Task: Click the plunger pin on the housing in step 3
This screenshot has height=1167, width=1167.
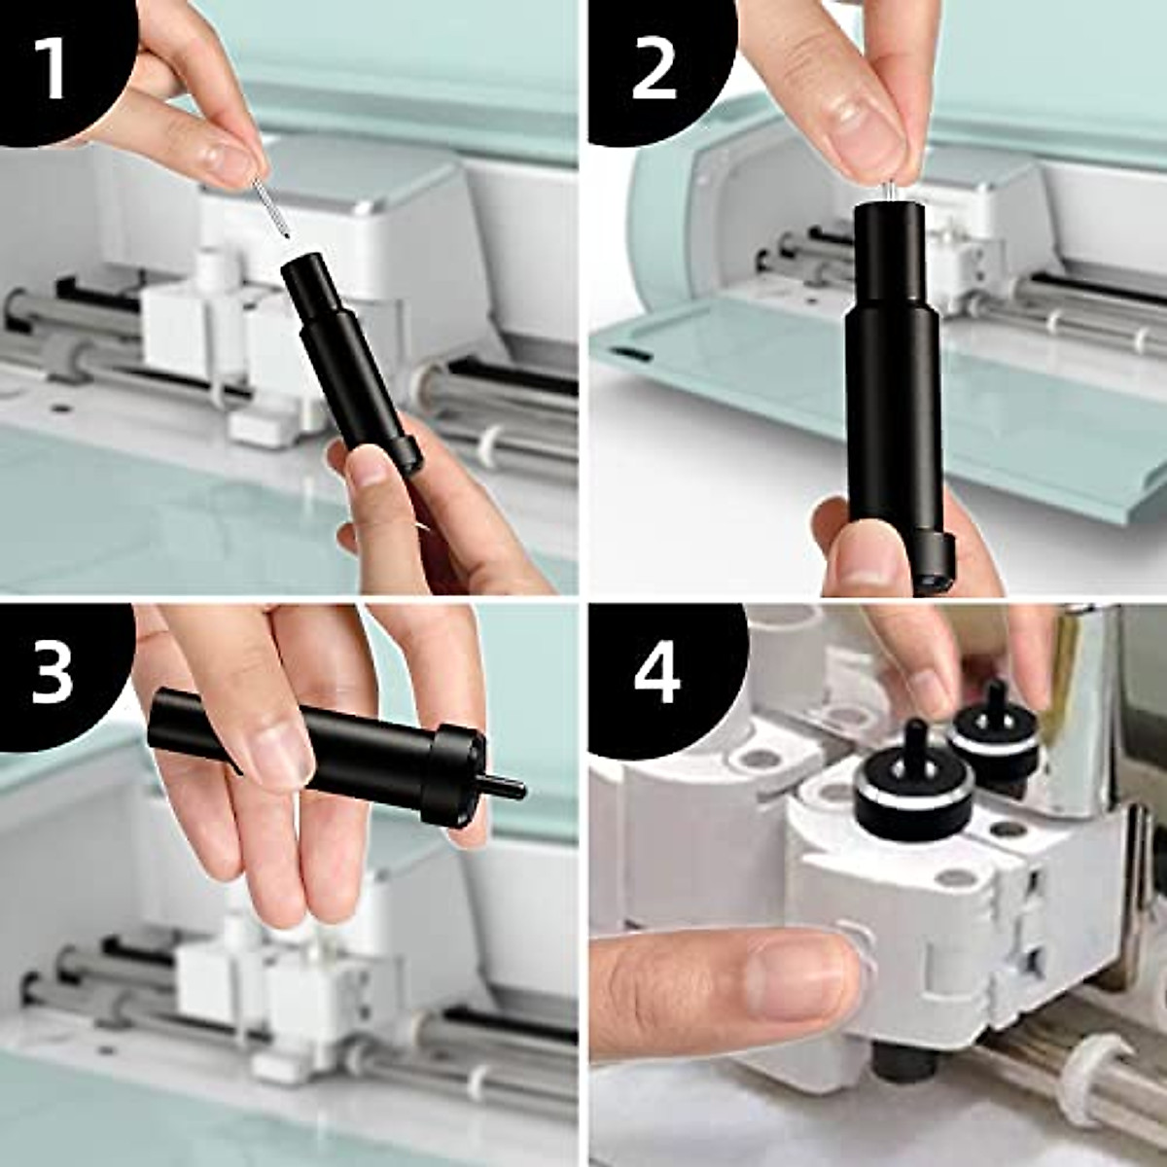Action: pyautogui.click(x=505, y=785)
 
